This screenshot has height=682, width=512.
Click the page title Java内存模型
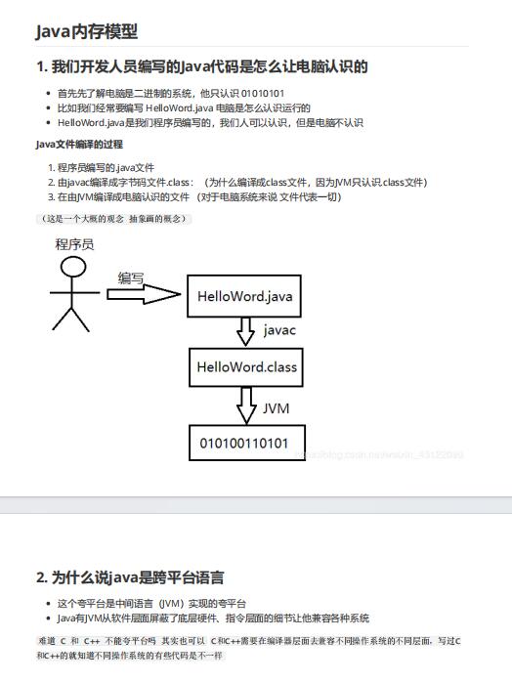[x=86, y=31]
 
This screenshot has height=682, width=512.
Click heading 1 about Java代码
[x=201, y=66]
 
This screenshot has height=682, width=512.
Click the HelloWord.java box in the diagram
[x=244, y=295]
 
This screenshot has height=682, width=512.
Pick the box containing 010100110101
[x=244, y=443]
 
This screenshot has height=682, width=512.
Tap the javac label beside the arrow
[x=279, y=331]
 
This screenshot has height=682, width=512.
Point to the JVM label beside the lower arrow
[x=277, y=405]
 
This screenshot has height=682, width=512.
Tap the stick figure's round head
[x=70, y=268]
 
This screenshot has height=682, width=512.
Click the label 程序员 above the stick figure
[x=74, y=244]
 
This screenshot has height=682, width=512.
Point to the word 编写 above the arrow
[x=131, y=277]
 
